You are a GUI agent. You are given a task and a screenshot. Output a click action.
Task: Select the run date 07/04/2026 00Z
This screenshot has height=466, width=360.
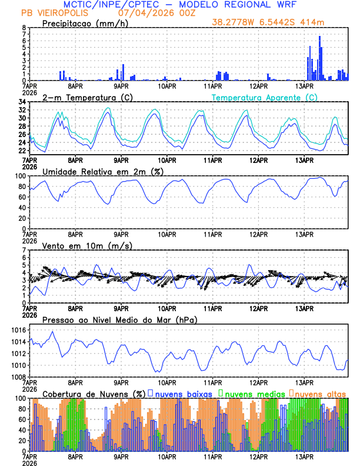(151, 12)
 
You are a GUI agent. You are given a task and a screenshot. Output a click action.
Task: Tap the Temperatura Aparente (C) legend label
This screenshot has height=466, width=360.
(265, 97)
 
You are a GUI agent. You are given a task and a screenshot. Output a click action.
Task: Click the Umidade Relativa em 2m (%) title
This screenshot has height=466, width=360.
(103, 171)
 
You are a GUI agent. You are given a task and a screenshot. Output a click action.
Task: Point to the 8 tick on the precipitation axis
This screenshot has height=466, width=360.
(24, 28)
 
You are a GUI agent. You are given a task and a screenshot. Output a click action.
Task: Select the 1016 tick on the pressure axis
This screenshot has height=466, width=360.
(18, 330)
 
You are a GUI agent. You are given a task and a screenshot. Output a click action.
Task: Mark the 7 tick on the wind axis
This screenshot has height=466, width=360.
(24, 250)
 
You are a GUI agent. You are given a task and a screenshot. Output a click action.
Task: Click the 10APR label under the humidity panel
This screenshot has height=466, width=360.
(167, 234)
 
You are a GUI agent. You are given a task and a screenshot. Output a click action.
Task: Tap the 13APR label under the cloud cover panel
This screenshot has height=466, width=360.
(304, 457)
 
